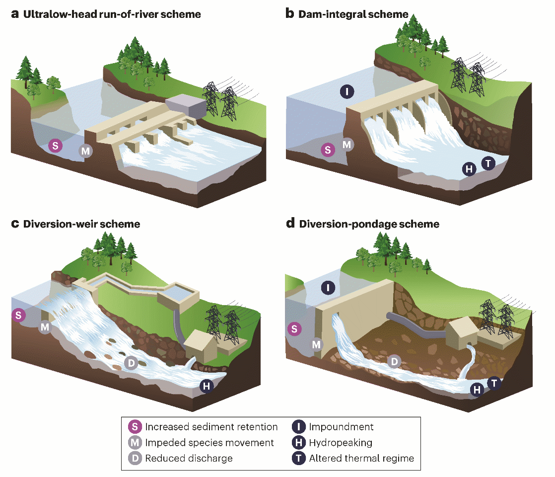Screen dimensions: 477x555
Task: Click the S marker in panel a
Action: (55, 146)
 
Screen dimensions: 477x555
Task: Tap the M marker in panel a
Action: (86, 151)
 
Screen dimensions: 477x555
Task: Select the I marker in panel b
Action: (347, 91)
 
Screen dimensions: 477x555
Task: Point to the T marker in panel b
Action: (488, 163)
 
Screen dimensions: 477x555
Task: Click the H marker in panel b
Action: (468, 169)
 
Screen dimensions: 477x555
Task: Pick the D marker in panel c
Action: (131, 363)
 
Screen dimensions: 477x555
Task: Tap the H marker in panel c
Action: (206, 386)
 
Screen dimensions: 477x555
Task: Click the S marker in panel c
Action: (18, 315)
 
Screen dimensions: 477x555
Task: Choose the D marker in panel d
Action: (394, 362)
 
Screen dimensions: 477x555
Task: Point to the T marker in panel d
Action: (494, 383)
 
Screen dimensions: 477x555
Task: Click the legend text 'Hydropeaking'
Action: (340, 442)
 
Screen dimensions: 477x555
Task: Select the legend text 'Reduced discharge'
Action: (189, 458)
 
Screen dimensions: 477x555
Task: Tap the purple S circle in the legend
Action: (135, 427)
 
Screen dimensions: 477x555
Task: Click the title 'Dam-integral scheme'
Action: (353, 14)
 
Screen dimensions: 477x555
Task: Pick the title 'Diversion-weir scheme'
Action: (81, 224)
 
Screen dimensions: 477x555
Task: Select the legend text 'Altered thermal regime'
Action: (361, 458)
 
